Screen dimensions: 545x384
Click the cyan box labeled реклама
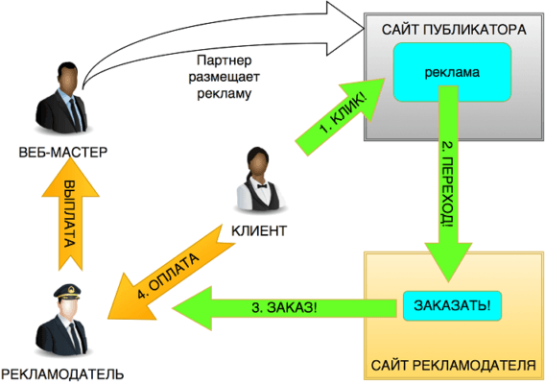point(452,72)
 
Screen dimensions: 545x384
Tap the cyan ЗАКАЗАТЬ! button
point(452,305)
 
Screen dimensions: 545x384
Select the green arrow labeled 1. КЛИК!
point(340,117)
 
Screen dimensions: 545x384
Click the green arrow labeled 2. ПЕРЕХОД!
point(448,183)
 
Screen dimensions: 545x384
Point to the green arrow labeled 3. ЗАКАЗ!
point(284,308)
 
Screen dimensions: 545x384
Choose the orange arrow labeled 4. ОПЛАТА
point(171,273)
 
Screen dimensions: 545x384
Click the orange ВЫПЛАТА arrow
point(71,214)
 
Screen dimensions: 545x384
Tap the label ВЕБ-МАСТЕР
point(63,153)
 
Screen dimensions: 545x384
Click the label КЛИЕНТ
point(259,230)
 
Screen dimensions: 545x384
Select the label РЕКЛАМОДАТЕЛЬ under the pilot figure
point(62,374)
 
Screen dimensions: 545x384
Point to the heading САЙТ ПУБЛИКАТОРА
point(454,30)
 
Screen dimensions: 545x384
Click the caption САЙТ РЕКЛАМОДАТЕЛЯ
point(454,366)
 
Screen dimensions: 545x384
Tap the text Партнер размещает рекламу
point(225,77)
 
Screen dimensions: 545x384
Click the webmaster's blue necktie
point(75,113)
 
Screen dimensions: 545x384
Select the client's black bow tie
point(262,186)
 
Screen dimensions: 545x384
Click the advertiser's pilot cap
point(67,292)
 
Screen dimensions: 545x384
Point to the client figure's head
point(258,162)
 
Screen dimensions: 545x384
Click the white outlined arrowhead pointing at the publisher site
point(345,29)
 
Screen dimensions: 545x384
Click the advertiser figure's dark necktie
point(75,335)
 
